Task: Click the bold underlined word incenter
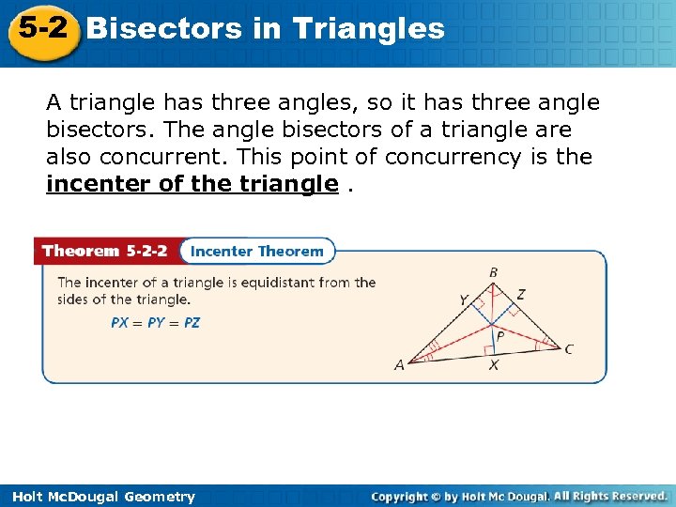point(99,184)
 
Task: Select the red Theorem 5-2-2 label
point(106,251)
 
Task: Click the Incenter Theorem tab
point(256,251)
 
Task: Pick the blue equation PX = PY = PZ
point(155,322)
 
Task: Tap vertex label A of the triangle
point(399,365)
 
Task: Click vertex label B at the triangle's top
point(493,273)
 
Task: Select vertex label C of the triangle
point(569,349)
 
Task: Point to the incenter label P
point(499,334)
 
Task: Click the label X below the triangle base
point(493,365)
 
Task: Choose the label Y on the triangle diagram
point(464,300)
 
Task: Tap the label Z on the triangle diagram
point(521,295)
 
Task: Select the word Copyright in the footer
point(407,496)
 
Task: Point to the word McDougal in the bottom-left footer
point(82,497)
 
